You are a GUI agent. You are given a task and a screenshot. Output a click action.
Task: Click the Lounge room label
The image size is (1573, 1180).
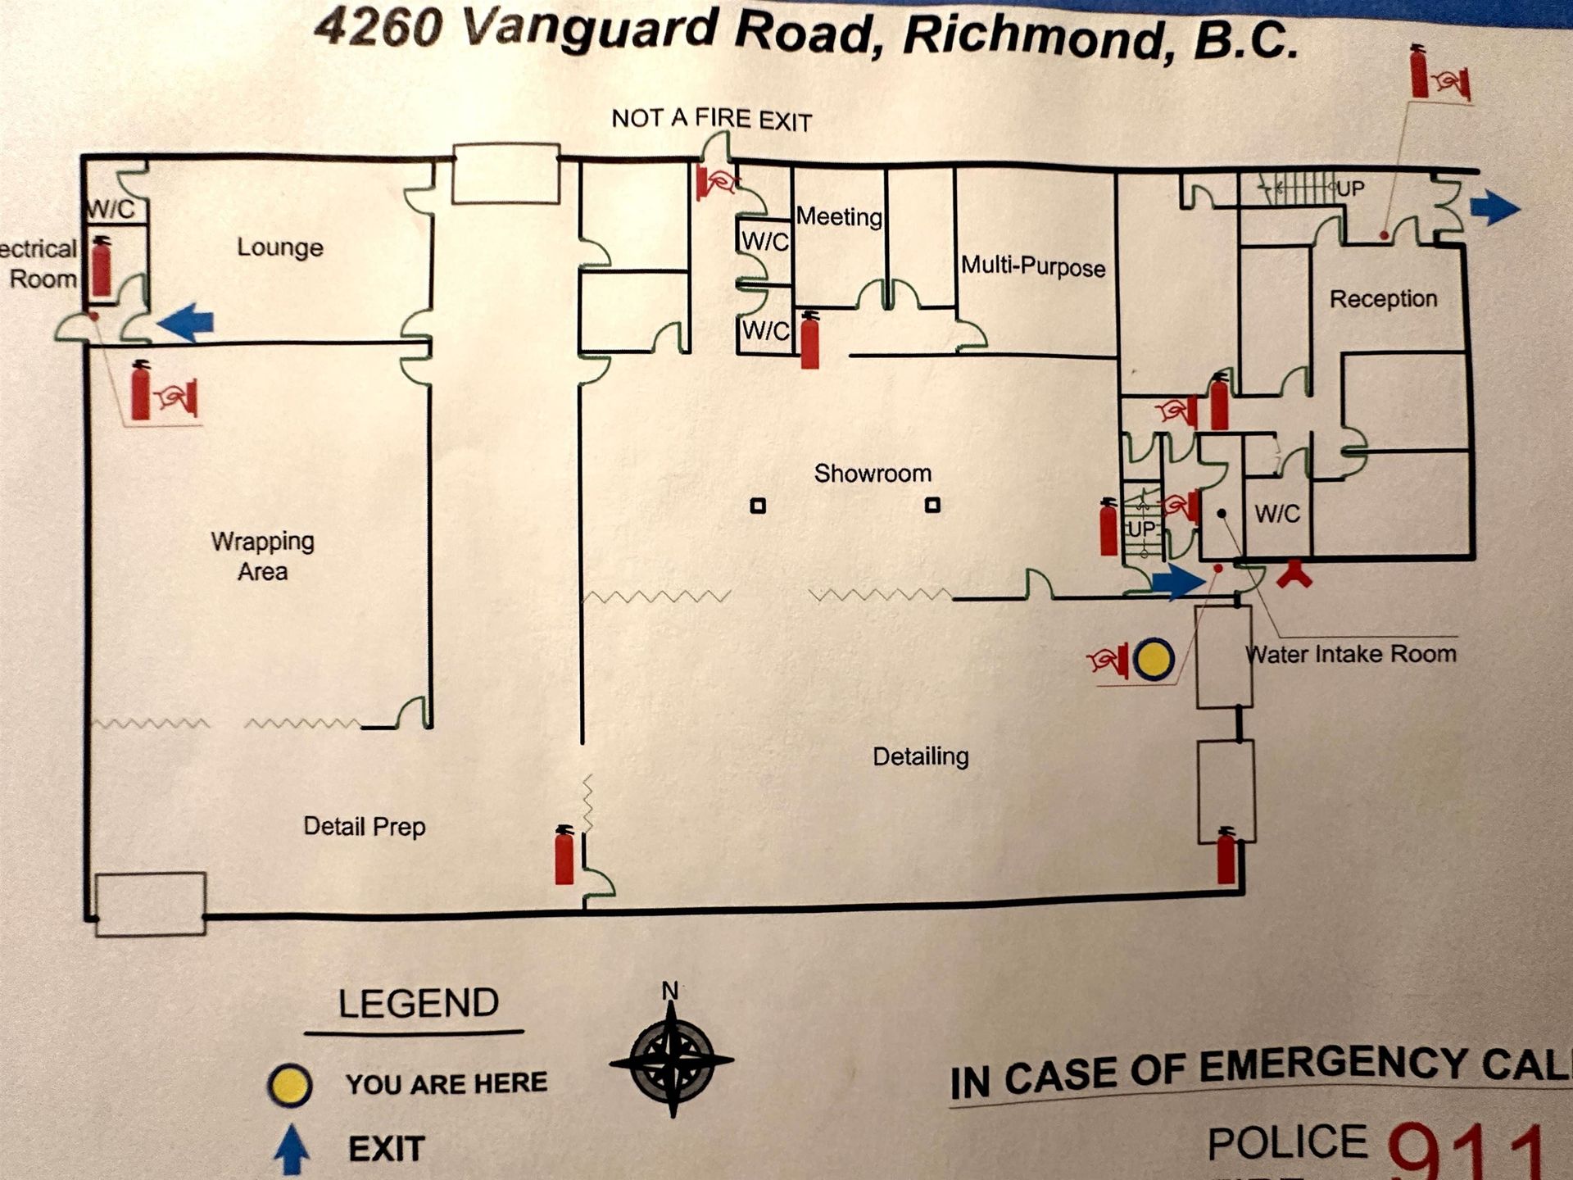coord(280,247)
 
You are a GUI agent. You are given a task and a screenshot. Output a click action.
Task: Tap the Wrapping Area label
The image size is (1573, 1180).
coord(262,556)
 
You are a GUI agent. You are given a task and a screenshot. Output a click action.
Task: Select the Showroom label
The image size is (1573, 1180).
coord(873,474)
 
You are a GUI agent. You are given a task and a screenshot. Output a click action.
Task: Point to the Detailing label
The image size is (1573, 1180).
coord(920,756)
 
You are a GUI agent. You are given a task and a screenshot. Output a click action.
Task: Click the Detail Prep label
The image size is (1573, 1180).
coord(365,826)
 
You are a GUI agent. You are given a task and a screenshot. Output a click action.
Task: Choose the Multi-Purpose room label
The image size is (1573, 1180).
coord(1032,267)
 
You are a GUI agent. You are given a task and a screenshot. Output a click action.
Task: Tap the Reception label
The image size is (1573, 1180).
coord(1383,299)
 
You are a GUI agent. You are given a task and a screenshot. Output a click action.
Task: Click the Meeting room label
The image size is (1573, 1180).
coord(839,217)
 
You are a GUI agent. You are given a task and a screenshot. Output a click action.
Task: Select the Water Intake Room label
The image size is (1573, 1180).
coord(1350,654)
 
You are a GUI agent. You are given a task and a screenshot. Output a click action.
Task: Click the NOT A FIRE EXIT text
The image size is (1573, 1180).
coord(711,120)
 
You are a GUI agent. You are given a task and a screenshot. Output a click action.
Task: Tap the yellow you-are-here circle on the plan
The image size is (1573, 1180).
coord(1154,659)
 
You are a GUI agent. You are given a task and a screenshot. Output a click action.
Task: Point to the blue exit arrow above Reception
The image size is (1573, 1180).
coord(1494,206)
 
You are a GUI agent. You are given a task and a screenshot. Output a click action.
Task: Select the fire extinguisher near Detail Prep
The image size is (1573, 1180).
coord(564,855)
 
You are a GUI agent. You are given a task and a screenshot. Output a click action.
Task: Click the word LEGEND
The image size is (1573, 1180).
coord(418,1004)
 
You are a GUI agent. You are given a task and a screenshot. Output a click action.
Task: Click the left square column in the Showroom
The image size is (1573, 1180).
coord(758,506)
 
